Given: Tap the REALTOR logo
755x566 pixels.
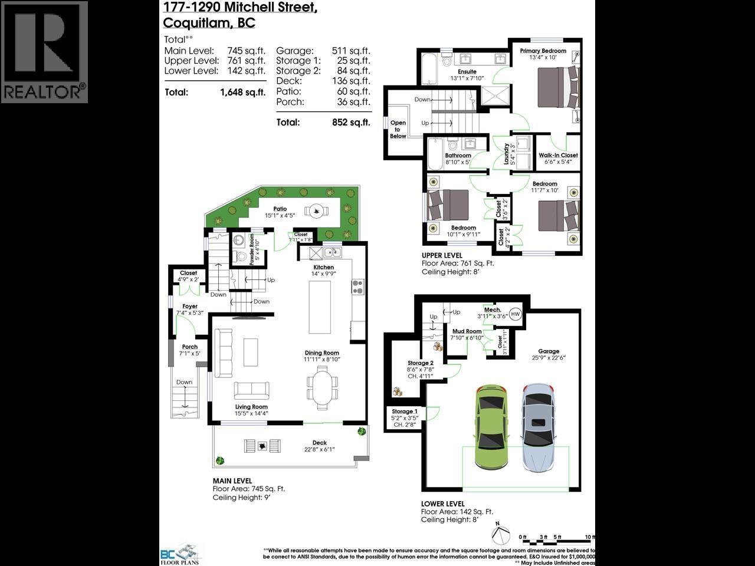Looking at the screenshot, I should click(x=44, y=52).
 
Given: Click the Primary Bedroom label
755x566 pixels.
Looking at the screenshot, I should click(x=543, y=51).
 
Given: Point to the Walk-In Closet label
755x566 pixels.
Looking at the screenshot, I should click(x=558, y=156).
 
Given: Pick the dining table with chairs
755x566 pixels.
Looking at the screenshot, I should click(x=323, y=384).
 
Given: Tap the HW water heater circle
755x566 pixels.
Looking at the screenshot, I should click(x=515, y=314).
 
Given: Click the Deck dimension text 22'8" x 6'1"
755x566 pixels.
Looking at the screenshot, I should click(x=319, y=449).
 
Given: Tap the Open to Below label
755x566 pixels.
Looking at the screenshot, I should click(x=398, y=130).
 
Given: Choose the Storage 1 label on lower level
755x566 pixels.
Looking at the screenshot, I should click(x=405, y=412).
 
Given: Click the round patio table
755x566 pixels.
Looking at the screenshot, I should click(x=317, y=210).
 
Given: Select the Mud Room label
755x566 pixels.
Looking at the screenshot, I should click(x=466, y=331).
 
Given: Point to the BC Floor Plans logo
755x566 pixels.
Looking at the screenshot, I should click(x=180, y=554).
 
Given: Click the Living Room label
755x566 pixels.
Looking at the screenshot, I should click(x=251, y=407).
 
